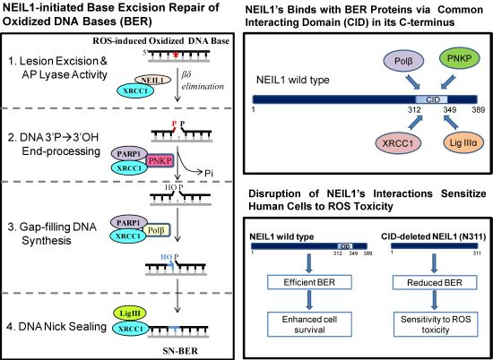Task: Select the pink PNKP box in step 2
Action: point(160,161)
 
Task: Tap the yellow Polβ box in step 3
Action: point(156,231)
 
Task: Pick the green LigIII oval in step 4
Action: point(130,313)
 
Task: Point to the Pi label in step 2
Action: point(209,174)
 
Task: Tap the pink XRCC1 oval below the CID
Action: point(397,143)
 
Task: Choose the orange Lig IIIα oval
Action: point(463,143)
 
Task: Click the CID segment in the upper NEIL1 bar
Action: point(432,99)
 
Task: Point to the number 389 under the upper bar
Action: point(479,110)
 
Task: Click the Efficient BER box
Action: point(309,282)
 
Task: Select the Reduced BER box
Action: point(435,282)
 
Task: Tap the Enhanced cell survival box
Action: point(309,324)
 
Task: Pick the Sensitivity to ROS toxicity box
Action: point(436,324)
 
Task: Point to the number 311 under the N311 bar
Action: point(476,253)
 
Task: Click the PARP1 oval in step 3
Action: point(129,223)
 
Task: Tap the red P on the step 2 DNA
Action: point(175,124)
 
